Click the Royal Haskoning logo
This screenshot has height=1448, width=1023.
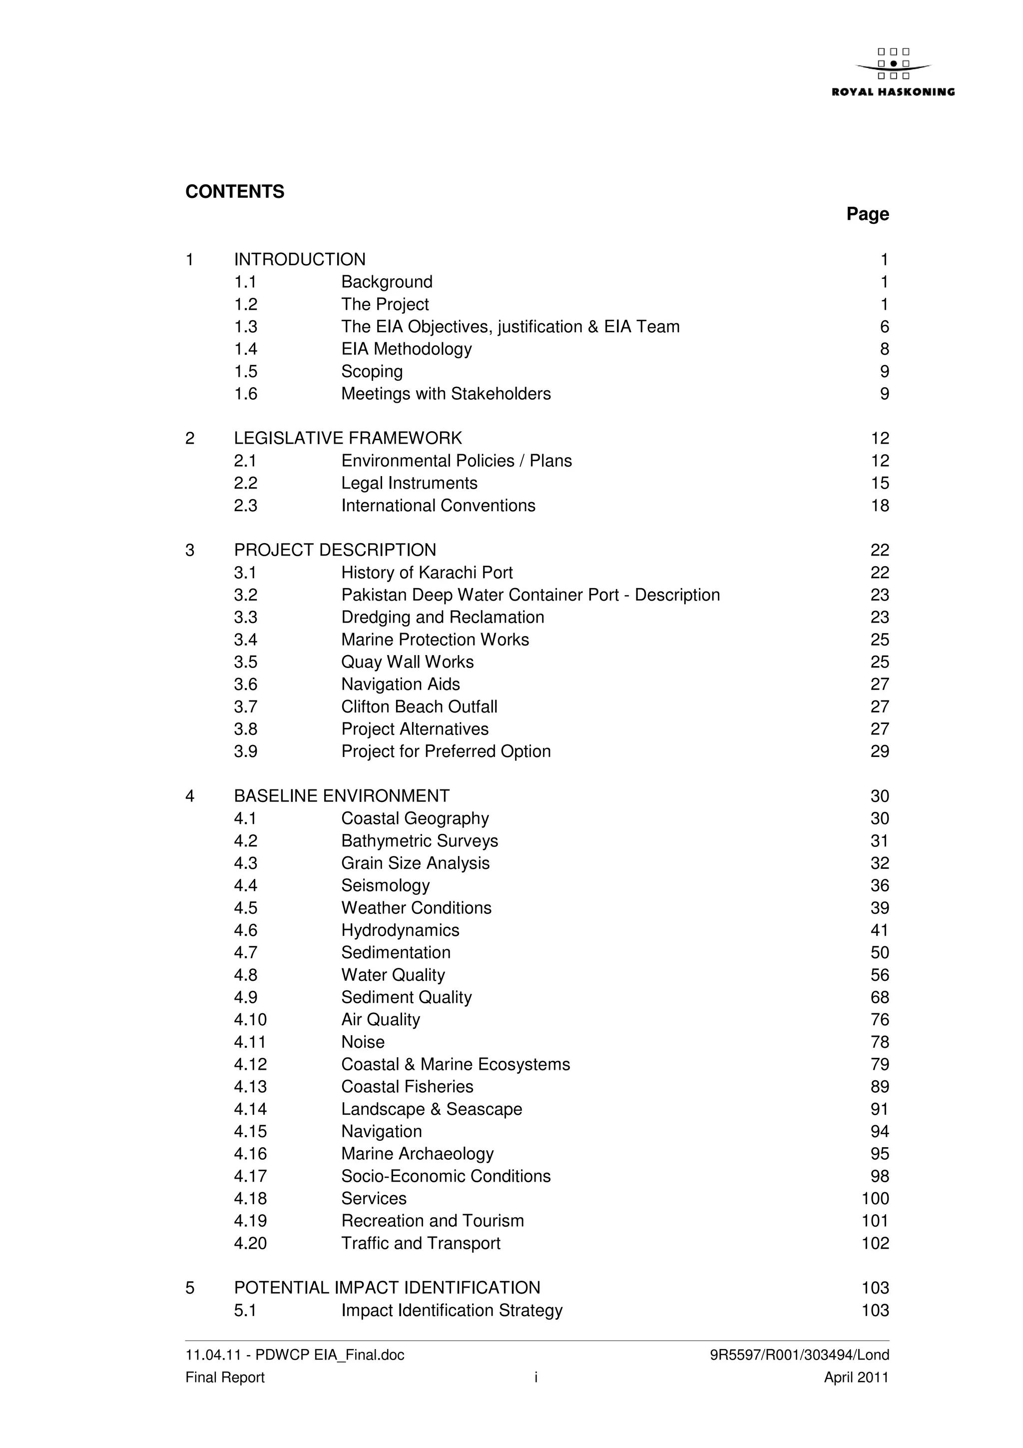(893, 72)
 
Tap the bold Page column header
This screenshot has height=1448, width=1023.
(867, 214)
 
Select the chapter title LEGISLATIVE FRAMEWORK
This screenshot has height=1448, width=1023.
(348, 438)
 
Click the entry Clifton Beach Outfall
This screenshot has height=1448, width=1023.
(419, 707)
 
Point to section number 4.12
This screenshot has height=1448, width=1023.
(250, 1065)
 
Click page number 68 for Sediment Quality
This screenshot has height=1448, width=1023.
(879, 998)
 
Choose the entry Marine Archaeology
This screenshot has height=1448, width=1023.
(417, 1154)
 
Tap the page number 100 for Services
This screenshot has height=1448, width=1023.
(875, 1199)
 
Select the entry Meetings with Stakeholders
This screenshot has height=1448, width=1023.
(446, 394)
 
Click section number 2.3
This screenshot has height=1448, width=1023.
(245, 506)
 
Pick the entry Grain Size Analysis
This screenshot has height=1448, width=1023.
(416, 863)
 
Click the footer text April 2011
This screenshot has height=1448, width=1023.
(856, 1378)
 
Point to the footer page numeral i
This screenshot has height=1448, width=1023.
(536, 1378)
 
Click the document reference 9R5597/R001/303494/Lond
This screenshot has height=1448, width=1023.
(799, 1355)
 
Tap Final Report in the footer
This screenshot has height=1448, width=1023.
(225, 1378)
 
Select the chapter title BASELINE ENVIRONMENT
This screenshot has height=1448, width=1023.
(342, 796)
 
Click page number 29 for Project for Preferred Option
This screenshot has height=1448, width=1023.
(879, 752)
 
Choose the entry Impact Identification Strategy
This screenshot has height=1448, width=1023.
(451, 1311)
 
